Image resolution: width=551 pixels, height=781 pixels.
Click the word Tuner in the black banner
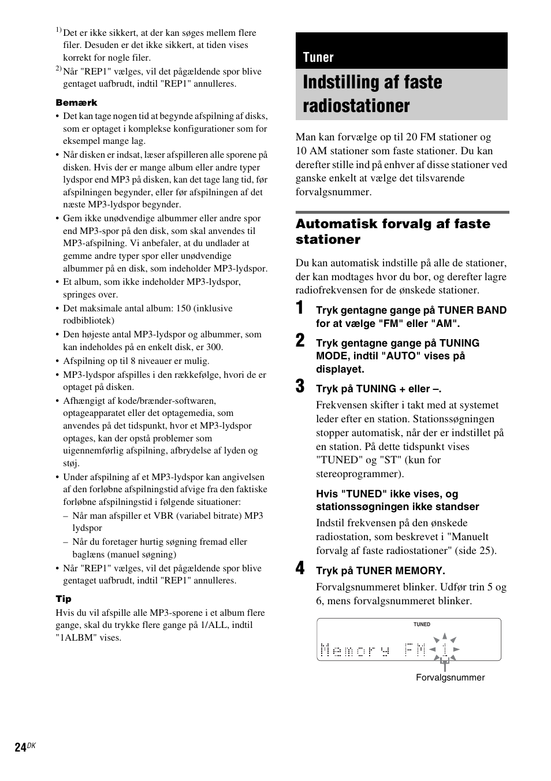318,57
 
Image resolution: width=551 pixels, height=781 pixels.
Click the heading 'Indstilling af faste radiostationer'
373,94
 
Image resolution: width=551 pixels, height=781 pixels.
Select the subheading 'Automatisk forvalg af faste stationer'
393,231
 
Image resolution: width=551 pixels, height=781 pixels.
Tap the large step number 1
300,308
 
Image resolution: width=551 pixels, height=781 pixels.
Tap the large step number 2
300,341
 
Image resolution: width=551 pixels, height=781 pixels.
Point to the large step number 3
300,386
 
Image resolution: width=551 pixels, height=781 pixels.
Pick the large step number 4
300,568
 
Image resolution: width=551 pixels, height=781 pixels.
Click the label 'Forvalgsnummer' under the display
450,678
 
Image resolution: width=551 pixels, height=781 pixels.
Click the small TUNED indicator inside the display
422,624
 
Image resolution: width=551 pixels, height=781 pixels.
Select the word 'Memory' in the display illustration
355,651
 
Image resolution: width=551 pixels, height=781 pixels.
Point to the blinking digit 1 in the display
444,649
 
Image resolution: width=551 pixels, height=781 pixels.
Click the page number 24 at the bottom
20,747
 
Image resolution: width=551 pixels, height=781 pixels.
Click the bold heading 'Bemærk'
76,102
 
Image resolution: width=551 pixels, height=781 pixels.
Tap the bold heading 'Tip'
64,599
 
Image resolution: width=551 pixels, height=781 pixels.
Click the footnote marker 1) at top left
58,30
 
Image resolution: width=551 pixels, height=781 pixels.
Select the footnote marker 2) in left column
58,69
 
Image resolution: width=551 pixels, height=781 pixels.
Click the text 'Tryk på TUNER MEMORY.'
380,571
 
